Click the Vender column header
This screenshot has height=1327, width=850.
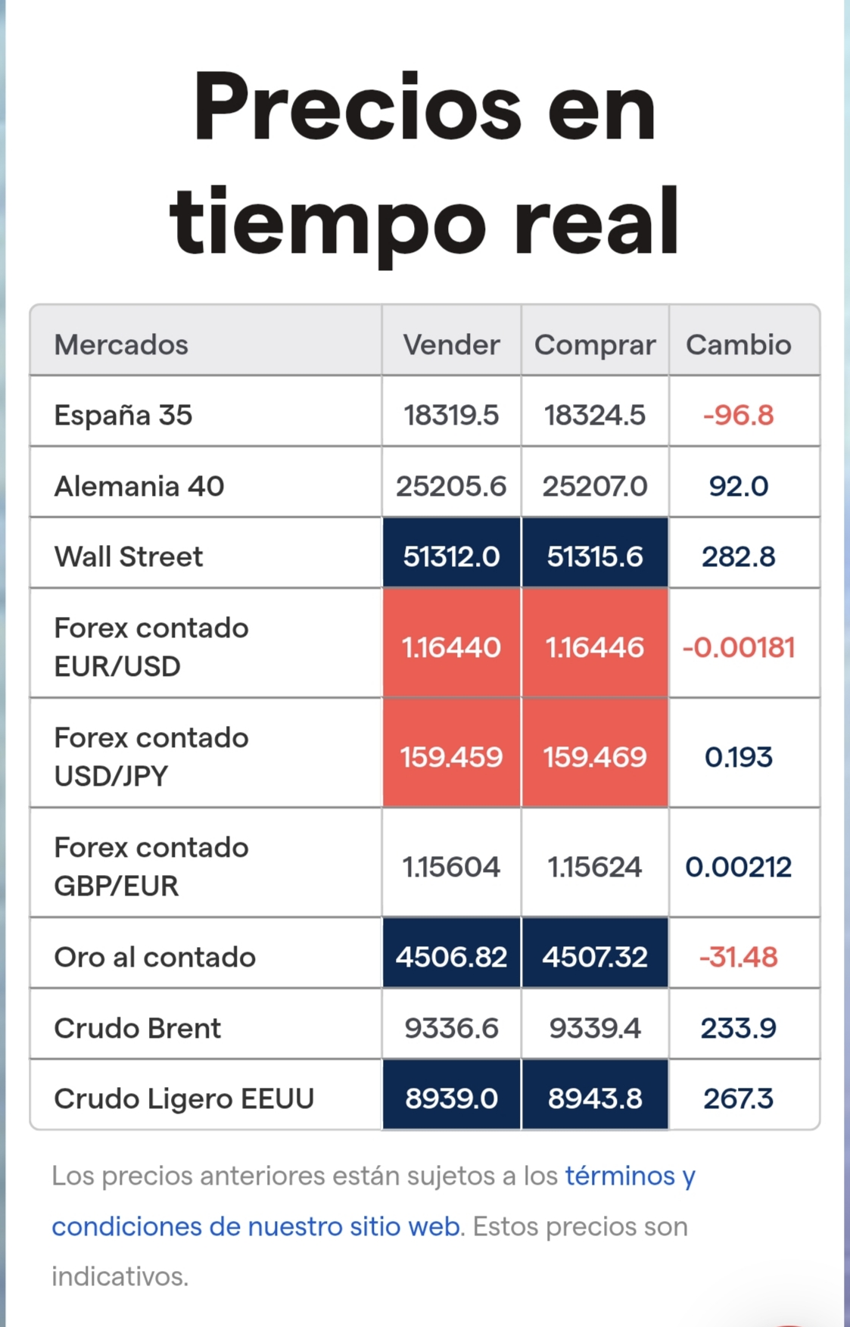pos(451,344)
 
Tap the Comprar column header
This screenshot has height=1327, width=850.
pos(595,345)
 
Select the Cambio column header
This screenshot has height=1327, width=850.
pos(739,344)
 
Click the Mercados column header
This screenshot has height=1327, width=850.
pos(121,344)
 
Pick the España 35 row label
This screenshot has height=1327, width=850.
pos(123,415)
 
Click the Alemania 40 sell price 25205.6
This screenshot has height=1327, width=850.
pos(451,486)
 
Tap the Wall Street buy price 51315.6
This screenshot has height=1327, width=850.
pos(595,556)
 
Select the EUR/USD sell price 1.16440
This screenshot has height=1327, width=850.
pos(451,647)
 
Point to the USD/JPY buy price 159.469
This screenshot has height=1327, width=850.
pos(595,757)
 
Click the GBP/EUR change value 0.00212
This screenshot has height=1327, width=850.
pos(739,867)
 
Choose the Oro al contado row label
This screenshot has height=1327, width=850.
pos(155,957)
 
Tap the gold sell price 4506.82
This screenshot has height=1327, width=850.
pos(451,957)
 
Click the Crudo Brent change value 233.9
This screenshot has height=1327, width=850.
pos(739,1028)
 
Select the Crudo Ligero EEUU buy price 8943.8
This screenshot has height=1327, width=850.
pos(595,1098)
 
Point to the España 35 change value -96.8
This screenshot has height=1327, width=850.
pos(739,415)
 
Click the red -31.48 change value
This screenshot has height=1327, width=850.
pos(739,957)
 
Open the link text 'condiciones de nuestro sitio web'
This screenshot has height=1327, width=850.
pos(256,1226)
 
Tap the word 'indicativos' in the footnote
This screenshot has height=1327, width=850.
pos(120,1276)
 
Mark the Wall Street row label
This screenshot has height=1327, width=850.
pos(129,556)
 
